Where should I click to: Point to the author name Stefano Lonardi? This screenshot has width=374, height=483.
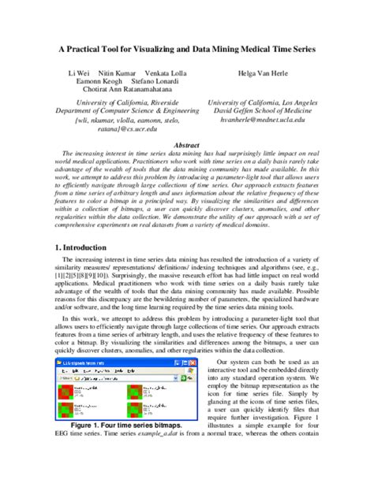click(x=157, y=81)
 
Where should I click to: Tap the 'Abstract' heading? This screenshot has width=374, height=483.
click(x=187, y=146)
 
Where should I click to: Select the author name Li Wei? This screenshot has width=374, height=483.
click(x=78, y=72)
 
